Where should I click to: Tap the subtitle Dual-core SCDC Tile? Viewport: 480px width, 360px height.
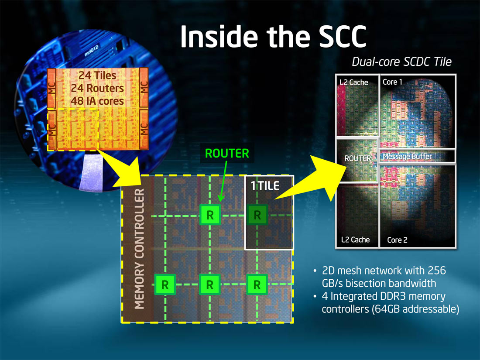[401, 62]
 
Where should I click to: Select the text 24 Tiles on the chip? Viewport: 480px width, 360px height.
[97, 75]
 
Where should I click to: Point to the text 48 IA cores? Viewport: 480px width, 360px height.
[97, 101]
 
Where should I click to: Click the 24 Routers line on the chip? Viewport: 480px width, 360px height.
[97, 88]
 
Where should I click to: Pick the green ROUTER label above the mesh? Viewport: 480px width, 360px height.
[227, 153]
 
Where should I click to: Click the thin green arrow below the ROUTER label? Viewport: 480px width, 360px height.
[223, 181]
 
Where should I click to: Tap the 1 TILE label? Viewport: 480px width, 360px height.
[265, 186]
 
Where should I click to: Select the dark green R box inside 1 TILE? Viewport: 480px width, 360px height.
[257, 215]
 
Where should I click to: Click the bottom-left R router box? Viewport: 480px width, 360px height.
[165, 285]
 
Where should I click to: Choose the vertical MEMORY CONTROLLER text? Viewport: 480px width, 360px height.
[139, 249]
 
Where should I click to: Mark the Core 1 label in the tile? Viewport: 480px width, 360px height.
[392, 82]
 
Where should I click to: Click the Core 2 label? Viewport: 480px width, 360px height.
[398, 240]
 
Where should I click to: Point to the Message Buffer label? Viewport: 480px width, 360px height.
[408, 156]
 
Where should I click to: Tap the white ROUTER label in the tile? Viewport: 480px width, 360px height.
[357, 158]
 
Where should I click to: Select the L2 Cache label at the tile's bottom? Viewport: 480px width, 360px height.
[355, 240]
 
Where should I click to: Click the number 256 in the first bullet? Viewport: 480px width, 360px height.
[436, 271]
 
